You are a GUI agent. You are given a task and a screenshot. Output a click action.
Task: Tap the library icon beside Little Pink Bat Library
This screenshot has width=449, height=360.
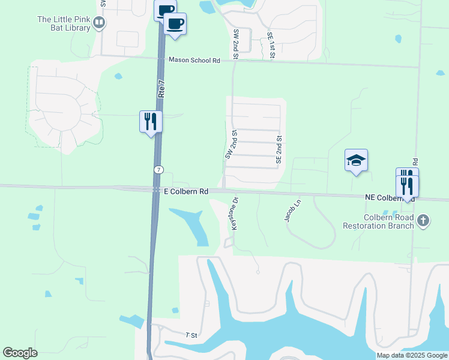click(x=100, y=23)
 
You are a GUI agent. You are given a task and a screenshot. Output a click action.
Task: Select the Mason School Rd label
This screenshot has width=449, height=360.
click(x=194, y=60)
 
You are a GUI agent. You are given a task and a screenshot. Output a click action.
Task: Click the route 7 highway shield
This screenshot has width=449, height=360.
click(x=157, y=170)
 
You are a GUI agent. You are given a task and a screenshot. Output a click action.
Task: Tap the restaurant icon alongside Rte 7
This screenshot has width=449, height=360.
click(x=150, y=121)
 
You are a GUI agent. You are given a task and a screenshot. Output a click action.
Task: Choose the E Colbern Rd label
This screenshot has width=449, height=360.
click(x=185, y=191)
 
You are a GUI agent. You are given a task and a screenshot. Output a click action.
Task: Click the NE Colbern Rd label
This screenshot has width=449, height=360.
click(x=390, y=197)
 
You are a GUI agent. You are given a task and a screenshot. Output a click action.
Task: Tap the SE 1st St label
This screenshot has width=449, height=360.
click(x=271, y=46)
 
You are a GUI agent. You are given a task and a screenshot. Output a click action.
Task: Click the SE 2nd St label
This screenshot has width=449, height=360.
click(x=279, y=149)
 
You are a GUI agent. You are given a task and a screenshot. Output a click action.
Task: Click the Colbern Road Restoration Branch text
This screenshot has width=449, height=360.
click(x=378, y=221)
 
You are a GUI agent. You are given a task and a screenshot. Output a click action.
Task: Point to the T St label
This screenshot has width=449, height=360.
click(x=191, y=335)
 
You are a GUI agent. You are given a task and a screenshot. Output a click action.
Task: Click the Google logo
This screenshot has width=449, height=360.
click(x=20, y=353)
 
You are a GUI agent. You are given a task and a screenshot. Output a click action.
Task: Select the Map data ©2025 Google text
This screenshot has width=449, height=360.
click(x=411, y=355)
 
